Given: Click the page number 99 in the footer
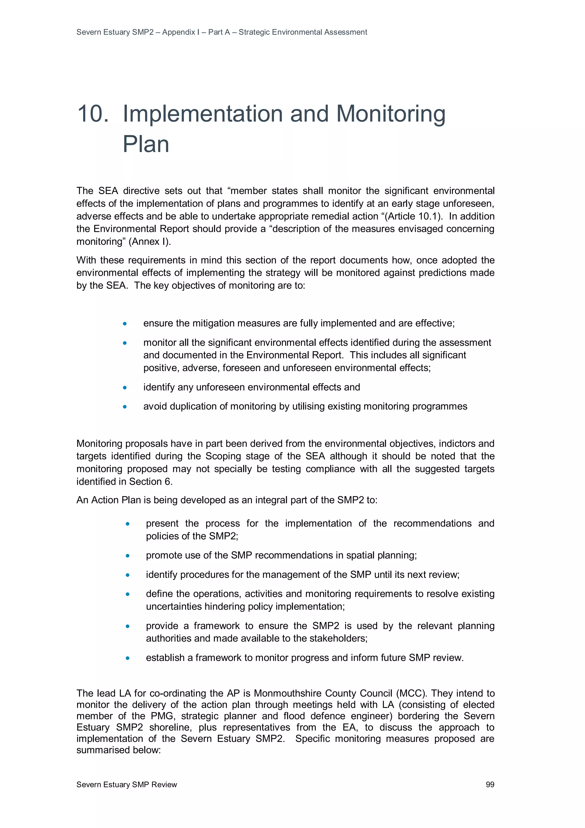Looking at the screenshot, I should pos(490,784).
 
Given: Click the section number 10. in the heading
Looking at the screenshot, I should pos(93,114).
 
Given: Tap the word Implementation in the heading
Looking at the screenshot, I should pos(203,114).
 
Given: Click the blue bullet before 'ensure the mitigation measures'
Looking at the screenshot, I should pos(125,324).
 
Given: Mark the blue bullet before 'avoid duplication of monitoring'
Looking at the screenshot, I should pos(125,406).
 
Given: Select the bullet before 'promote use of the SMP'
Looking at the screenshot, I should pos(127,555).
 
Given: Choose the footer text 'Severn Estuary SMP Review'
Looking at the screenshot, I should pos(127,784).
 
